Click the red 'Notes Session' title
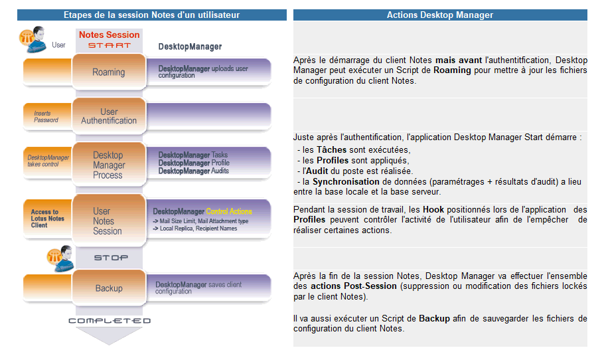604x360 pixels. [110, 35]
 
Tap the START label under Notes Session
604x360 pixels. [109, 46]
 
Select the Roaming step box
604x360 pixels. [108, 72]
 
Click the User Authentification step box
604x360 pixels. [109, 116]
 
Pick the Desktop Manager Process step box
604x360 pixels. [108, 165]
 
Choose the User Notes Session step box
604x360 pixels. [108, 221]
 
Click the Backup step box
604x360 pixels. [109, 288]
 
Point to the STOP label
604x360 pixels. [110, 257]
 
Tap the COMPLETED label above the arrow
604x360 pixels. [110, 321]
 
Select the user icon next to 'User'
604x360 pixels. [32, 39]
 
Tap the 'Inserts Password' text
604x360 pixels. [46, 117]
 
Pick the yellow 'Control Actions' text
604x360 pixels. [229, 211]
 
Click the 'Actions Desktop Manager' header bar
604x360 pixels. [439, 15]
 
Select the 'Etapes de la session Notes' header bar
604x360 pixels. [151, 15]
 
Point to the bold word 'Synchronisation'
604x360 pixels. [344, 181]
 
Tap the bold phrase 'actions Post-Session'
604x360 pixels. [353, 286]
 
